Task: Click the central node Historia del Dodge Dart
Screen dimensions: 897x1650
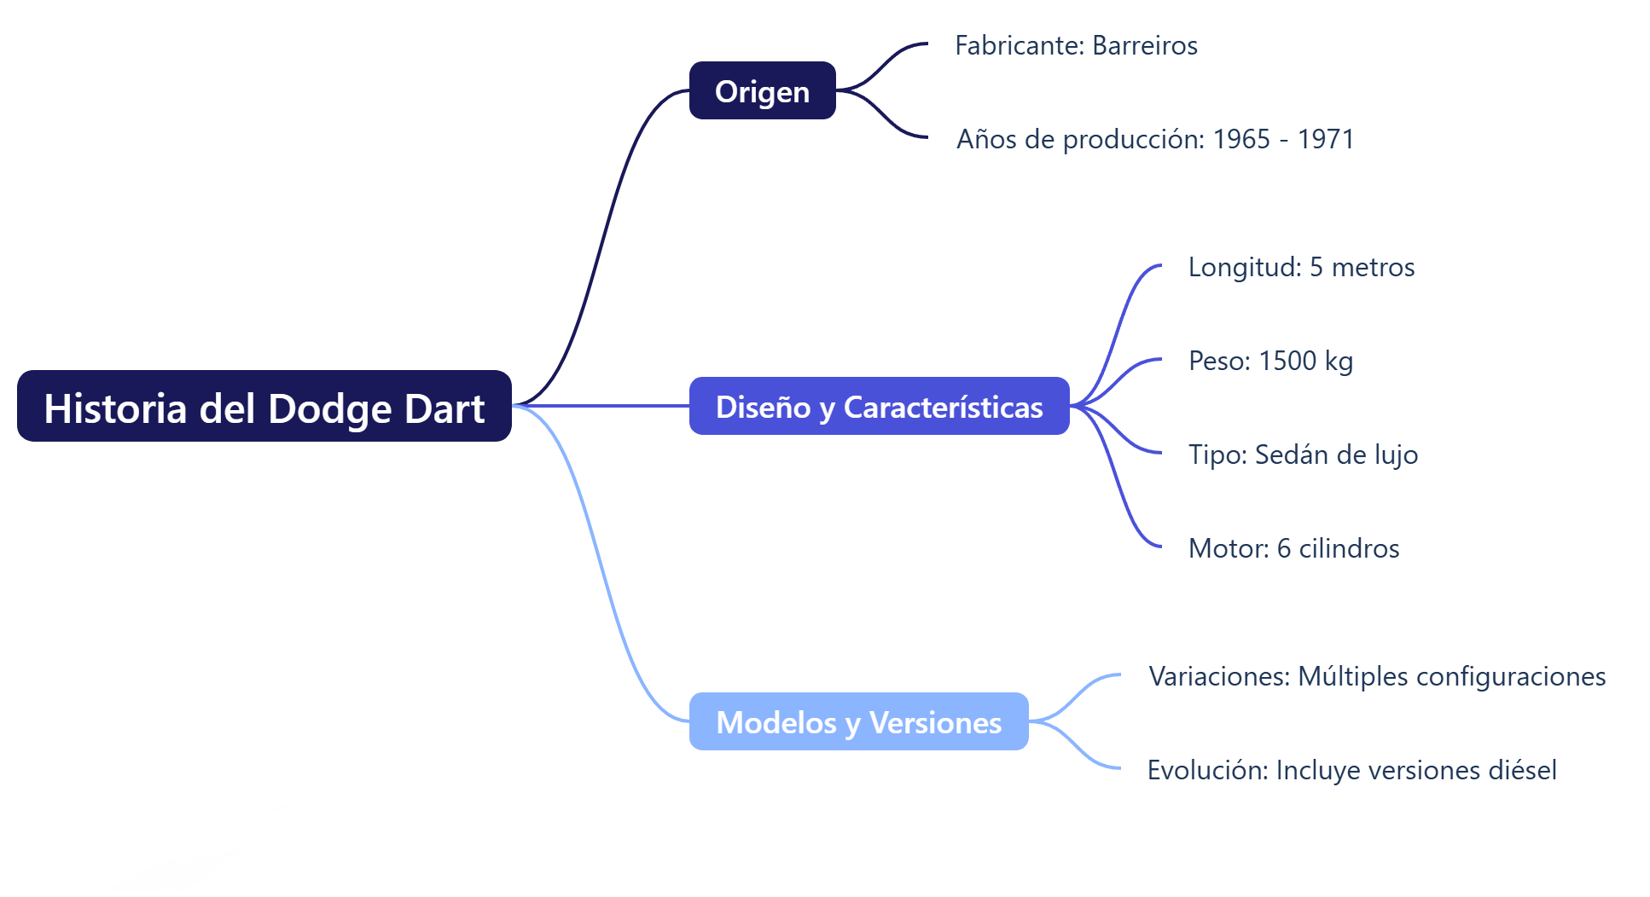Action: [264, 407]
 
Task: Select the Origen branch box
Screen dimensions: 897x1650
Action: [762, 91]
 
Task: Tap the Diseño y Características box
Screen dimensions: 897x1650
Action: [879, 407]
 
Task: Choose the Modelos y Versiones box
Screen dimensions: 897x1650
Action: [858, 722]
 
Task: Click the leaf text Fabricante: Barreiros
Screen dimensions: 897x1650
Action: [1076, 45]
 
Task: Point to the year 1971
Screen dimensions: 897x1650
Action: [1326, 139]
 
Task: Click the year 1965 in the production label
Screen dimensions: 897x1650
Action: [1241, 139]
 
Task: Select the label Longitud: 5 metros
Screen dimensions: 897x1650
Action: [1301, 267]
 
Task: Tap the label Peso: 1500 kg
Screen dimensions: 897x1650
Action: [1270, 361]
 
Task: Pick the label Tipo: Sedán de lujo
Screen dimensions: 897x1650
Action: [1303, 454]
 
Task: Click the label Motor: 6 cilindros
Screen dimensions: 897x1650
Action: [1293, 548]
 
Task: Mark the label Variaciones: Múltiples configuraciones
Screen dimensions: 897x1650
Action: [1377, 676]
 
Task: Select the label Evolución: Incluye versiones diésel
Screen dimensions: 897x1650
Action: [1351, 770]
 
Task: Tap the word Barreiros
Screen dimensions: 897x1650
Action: [1145, 45]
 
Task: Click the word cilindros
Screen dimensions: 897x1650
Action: [1349, 548]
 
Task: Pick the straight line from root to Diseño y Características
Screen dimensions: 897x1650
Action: [601, 406]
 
